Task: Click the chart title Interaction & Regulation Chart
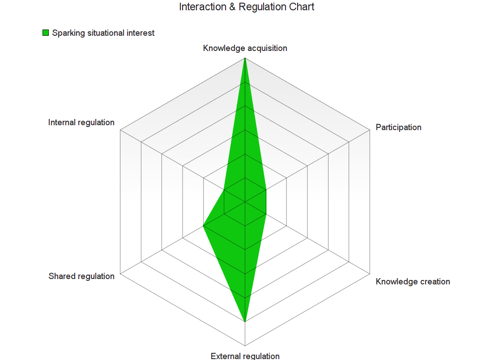(247, 7)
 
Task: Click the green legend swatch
(46, 33)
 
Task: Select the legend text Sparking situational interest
(103, 33)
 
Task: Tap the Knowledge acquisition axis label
(245, 48)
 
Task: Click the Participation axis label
(398, 127)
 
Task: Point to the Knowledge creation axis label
(413, 282)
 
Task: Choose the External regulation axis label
(245, 356)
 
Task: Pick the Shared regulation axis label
(81, 276)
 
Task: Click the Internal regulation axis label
(81, 123)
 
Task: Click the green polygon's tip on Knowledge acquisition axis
(245, 59)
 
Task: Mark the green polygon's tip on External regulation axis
(245, 322)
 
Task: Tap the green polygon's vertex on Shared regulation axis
(204, 226)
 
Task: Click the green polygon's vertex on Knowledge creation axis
(266, 214)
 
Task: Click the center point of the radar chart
(245, 202)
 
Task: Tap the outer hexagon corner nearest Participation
(370, 131)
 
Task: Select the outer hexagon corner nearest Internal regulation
(120, 131)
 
